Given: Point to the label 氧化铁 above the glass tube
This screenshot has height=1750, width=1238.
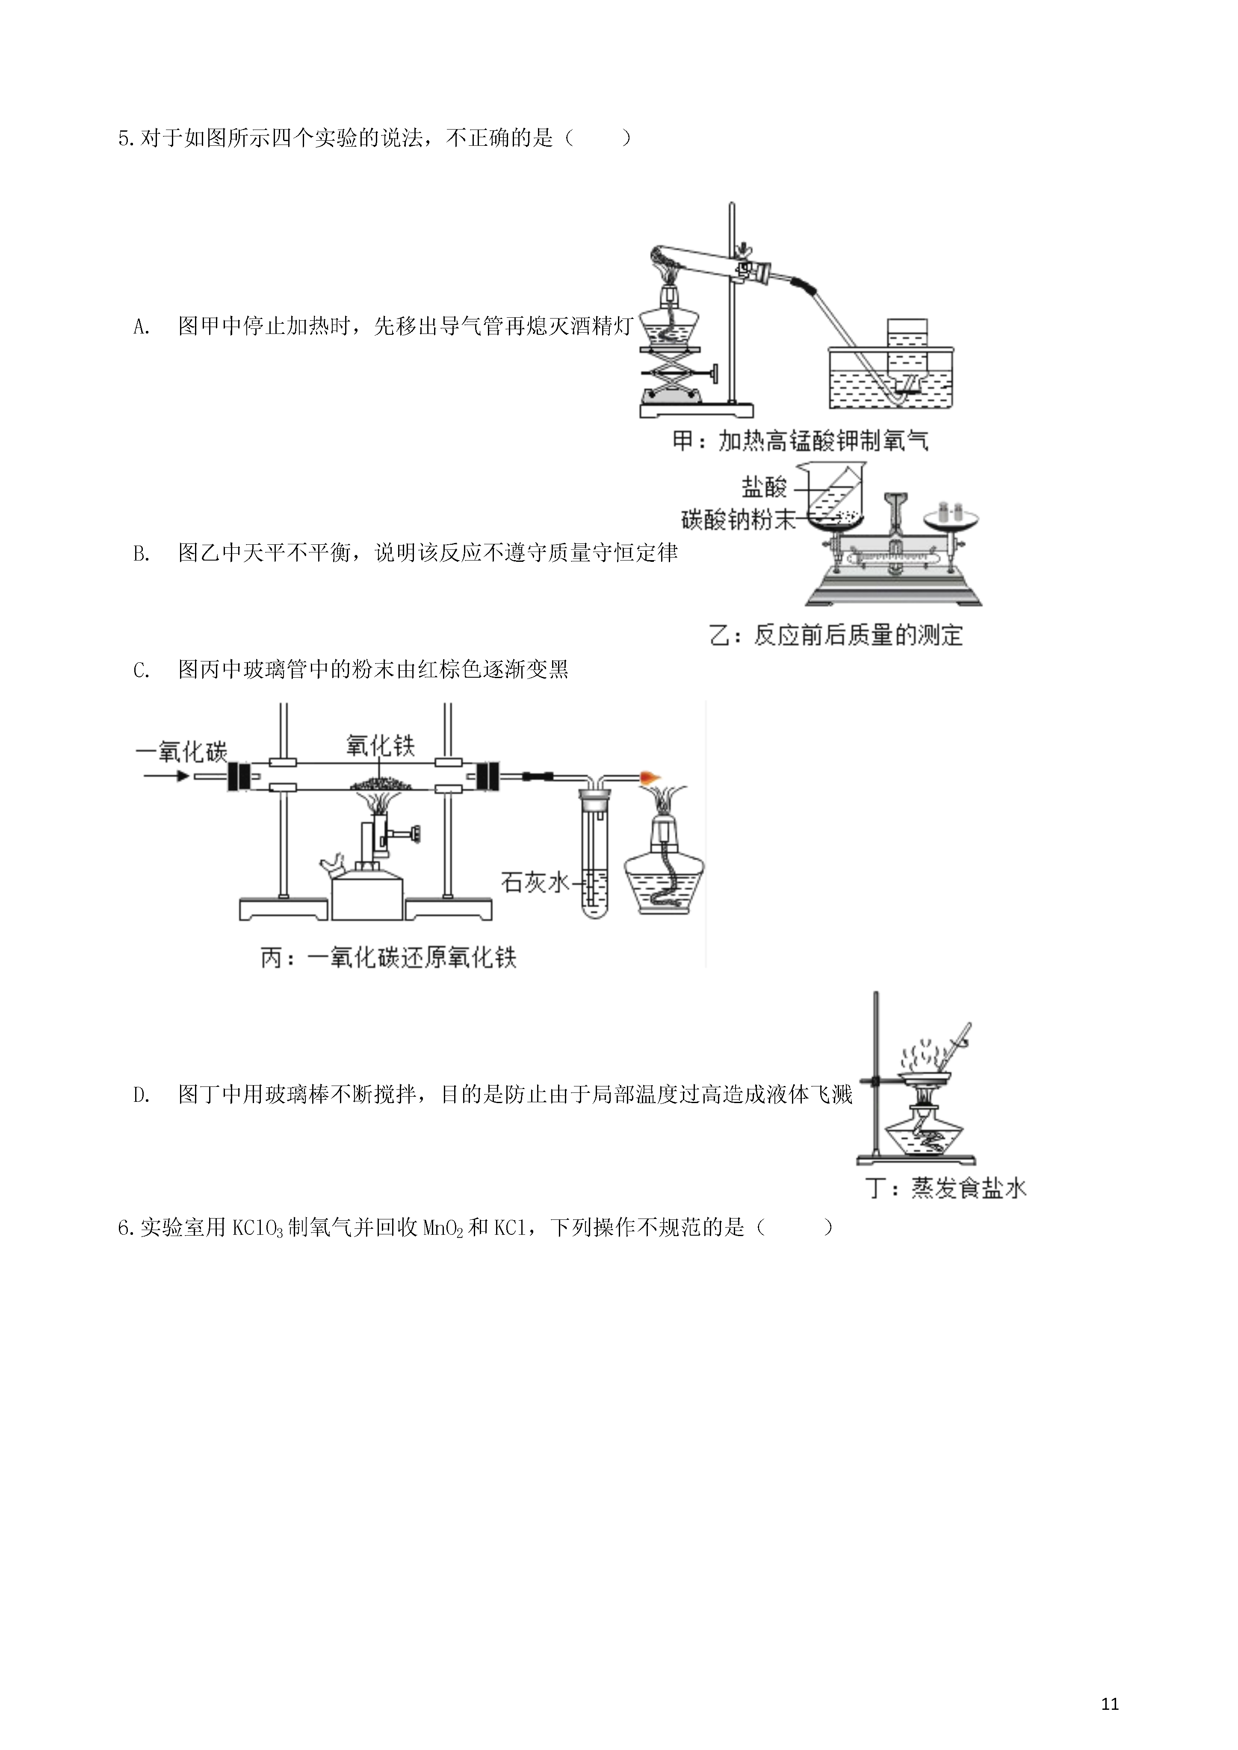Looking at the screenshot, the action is [381, 745].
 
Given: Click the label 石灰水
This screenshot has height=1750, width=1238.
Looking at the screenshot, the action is [535, 882].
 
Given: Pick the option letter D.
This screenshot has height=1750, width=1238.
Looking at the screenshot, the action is [141, 1095].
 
